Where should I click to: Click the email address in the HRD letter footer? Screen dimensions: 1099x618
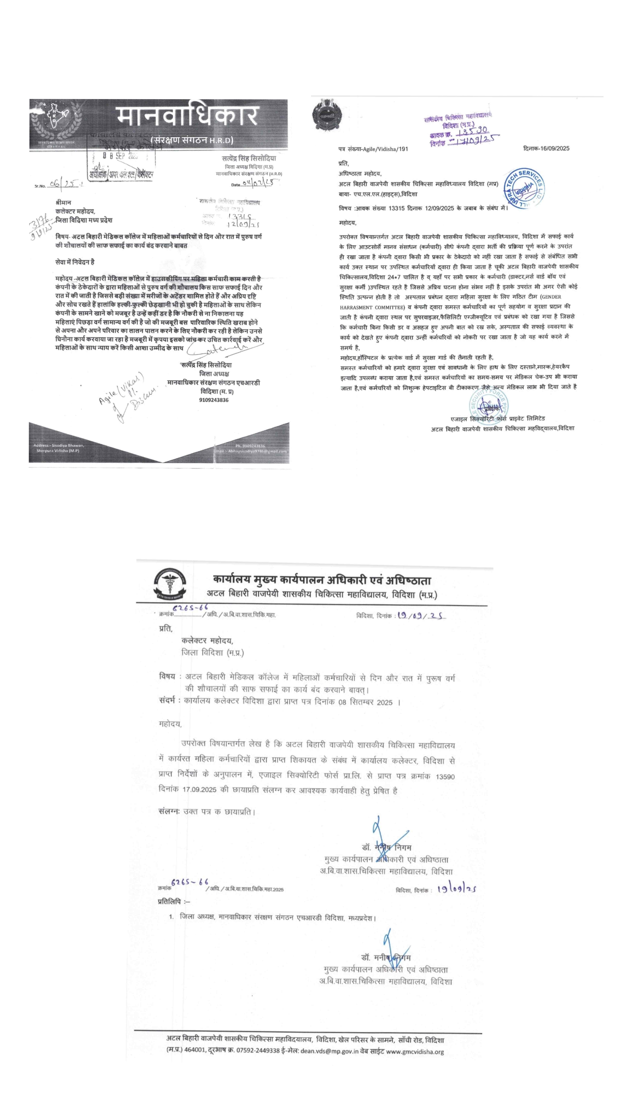coord(258,451)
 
